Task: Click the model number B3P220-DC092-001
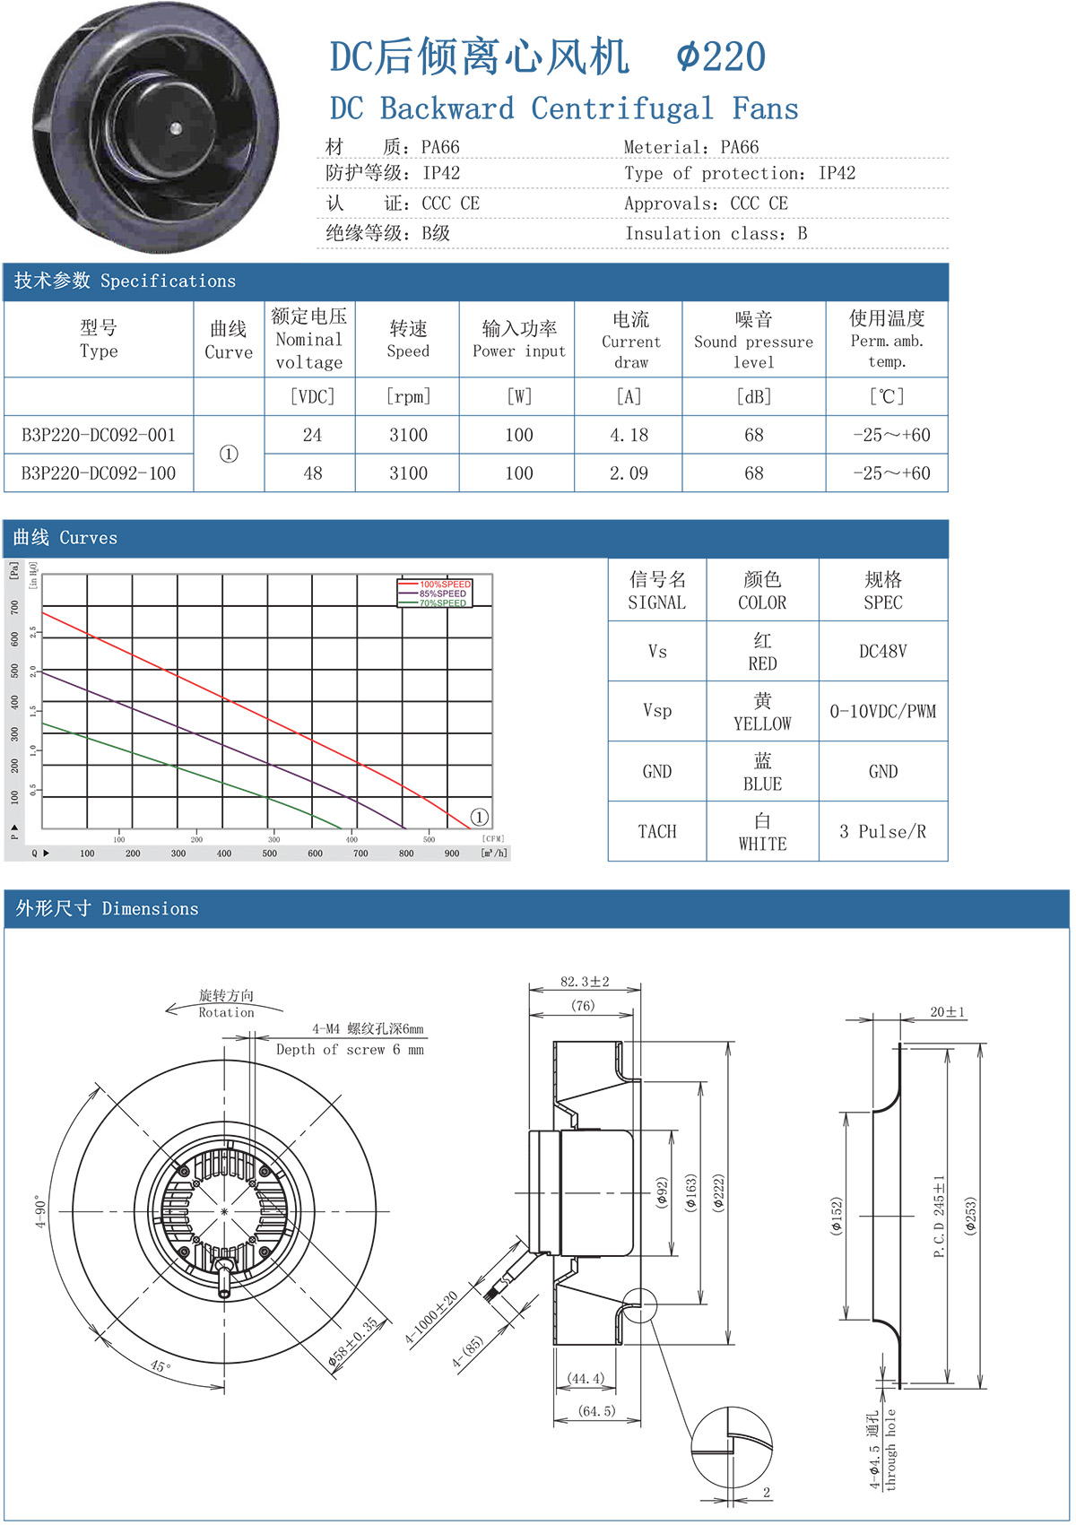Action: (x=99, y=436)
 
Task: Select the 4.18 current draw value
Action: (x=629, y=436)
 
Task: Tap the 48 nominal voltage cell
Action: (x=312, y=473)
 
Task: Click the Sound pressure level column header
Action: (x=753, y=342)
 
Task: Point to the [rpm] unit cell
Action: (x=408, y=396)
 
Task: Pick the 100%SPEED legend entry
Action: (x=445, y=585)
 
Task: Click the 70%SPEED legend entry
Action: (x=443, y=603)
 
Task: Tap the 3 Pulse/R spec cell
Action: (x=882, y=832)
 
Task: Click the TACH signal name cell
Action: (x=657, y=832)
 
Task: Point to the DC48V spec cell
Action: (x=882, y=652)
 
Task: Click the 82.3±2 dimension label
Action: (x=585, y=982)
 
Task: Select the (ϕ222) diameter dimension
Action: (x=718, y=1193)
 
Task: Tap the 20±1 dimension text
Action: (x=947, y=1012)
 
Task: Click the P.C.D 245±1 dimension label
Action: (x=939, y=1217)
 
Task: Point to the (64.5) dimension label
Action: (x=596, y=1411)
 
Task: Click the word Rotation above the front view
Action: (x=226, y=1012)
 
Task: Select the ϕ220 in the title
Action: (x=721, y=57)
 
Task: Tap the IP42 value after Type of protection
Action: (x=837, y=173)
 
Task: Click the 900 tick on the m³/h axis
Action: (x=452, y=853)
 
